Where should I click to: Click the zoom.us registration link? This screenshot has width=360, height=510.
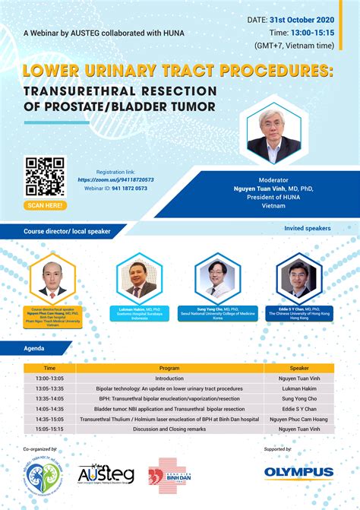[x=115, y=179]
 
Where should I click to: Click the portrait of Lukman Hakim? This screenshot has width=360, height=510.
[x=137, y=279]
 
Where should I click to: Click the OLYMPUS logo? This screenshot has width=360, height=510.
[x=298, y=472]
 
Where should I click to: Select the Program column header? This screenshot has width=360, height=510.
[x=169, y=367]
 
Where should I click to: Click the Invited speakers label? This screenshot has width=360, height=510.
[x=307, y=228]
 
